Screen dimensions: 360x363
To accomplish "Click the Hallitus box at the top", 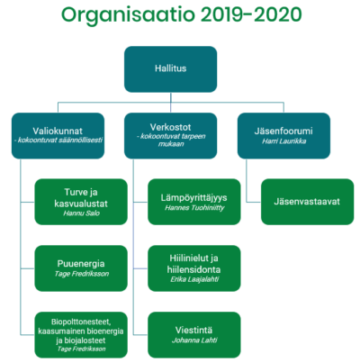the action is [x=170, y=69].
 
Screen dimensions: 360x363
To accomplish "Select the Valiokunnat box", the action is [x=58, y=136].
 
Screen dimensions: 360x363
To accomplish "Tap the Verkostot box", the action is [x=170, y=136].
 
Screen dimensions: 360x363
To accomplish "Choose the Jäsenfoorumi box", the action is [x=283, y=136].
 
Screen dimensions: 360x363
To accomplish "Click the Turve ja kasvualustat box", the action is [x=81, y=202].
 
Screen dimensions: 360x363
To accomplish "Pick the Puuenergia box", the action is [x=81, y=268].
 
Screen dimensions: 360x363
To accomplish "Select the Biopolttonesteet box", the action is [x=81, y=335].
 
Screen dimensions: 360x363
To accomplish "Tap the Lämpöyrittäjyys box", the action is [x=194, y=202].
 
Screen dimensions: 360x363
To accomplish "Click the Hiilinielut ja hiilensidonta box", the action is [x=194, y=268].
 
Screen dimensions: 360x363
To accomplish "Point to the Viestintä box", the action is [x=194, y=335].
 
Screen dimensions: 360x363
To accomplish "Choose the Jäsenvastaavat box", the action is [x=308, y=202].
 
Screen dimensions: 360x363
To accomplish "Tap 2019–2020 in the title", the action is [x=251, y=14].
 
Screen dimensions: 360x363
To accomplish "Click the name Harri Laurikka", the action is [x=284, y=141].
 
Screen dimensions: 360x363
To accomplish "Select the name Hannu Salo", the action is [x=81, y=213].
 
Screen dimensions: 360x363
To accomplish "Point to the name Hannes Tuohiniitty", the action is [x=194, y=208].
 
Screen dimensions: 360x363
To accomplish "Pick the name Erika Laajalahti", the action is [x=194, y=279].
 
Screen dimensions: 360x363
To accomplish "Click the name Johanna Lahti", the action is [x=194, y=340].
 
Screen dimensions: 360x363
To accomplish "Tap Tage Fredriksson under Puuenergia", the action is [x=82, y=274].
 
